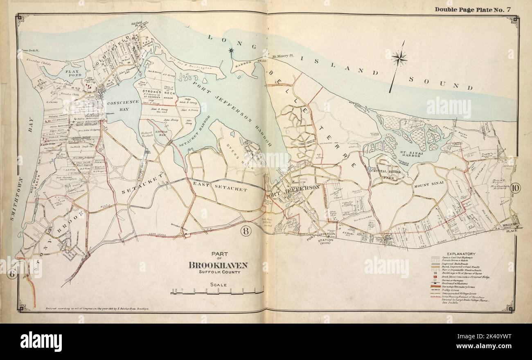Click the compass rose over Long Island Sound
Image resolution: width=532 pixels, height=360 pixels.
click(x=399, y=59)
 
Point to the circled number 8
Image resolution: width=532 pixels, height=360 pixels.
click(x=246, y=231)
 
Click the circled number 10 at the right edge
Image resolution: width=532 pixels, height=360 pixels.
click(x=515, y=189)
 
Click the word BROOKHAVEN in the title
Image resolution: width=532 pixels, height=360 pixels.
click(x=218, y=265)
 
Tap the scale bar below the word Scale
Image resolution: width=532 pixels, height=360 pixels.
click(x=217, y=292)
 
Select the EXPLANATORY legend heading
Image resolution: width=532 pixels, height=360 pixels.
click(x=460, y=254)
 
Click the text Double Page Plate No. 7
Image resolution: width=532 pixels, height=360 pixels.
click(x=472, y=9)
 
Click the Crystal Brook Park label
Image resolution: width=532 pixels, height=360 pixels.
click(x=391, y=174)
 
